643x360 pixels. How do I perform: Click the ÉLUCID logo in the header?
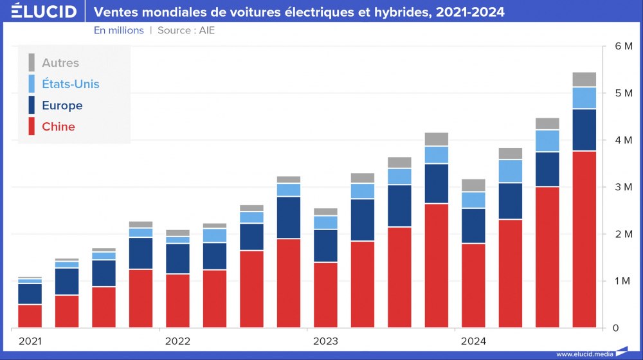[x=44, y=12]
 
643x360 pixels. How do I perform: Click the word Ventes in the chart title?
[x=114, y=12]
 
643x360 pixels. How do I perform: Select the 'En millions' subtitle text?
[x=119, y=30]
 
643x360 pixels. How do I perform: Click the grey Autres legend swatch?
[x=32, y=62]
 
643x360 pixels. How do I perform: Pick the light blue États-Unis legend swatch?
[x=32, y=84]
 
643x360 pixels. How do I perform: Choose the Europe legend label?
[x=62, y=105]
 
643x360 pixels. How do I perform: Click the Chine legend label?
[x=59, y=127]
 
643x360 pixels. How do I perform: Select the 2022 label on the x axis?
[x=177, y=341]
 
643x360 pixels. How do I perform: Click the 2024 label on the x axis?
[x=473, y=341]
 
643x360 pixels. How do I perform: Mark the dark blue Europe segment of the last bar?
[x=584, y=130]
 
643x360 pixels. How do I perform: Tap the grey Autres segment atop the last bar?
[x=584, y=80]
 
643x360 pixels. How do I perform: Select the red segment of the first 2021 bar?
[x=30, y=316]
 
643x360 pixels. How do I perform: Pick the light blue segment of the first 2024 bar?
[x=473, y=200]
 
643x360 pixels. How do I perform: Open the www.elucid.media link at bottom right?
[x=584, y=354]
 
